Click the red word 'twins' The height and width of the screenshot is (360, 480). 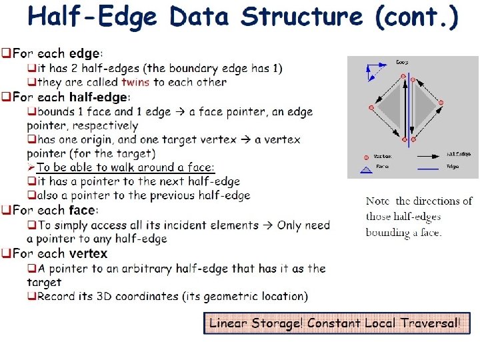pos(136,83)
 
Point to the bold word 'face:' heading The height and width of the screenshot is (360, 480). pos(83,210)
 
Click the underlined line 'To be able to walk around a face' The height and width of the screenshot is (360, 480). pos(126,167)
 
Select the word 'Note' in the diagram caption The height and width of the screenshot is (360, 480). pos(378,201)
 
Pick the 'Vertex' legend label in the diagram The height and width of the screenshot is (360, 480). pos(382,156)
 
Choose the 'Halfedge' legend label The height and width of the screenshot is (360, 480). pos(458,154)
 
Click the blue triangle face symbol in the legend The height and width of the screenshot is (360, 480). pos(366,170)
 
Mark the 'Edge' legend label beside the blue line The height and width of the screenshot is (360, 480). pos(453,167)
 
